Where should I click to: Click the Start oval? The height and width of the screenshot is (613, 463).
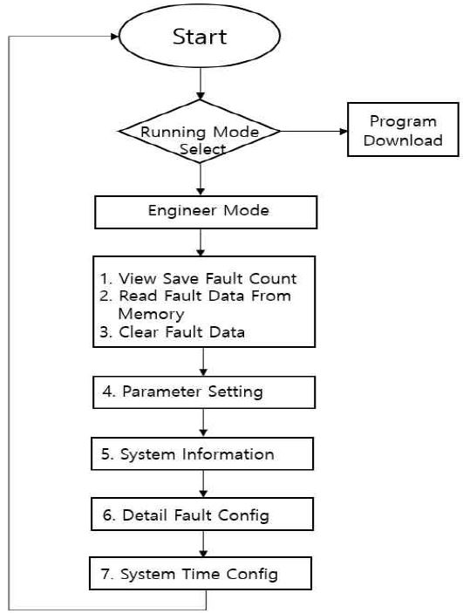click(200, 37)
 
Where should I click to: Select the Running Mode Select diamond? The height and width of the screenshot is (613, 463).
click(200, 132)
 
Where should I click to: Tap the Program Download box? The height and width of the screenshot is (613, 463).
click(403, 130)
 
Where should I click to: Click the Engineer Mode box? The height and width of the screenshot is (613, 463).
click(206, 212)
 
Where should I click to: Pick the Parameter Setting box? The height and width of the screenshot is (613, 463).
click(204, 392)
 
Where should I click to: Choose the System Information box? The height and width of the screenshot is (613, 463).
click(202, 453)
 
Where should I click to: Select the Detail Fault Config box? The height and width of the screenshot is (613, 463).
click(202, 514)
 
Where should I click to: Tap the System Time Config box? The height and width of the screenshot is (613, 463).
click(201, 573)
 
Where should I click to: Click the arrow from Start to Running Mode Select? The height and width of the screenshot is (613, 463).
click(201, 84)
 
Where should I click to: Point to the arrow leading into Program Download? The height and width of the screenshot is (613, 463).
click(314, 132)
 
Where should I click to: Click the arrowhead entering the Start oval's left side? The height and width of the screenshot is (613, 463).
click(115, 37)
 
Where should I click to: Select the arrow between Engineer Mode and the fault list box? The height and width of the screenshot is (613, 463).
click(201, 242)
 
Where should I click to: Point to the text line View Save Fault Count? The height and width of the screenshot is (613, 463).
click(198, 279)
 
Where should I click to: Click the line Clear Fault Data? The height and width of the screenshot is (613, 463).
click(173, 332)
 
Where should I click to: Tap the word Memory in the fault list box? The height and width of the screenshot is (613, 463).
click(151, 314)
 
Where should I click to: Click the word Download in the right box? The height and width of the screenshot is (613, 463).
click(403, 140)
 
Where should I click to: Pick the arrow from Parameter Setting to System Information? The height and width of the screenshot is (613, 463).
click(203, 423)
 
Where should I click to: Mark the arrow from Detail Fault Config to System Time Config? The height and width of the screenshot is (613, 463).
click(203, 544)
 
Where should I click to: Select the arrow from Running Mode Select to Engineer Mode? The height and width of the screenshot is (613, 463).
click(201, 180)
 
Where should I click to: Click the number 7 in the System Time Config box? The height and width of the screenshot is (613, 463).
click(106, 574)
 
